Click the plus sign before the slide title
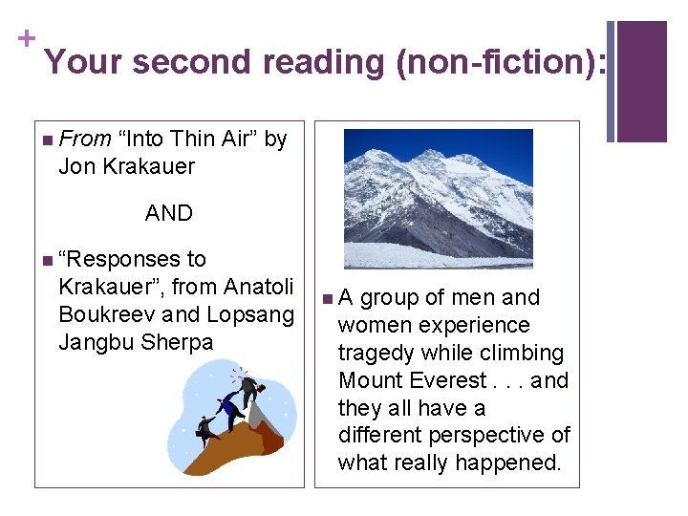(x=25, y=38)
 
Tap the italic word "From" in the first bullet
(x=85, y=140)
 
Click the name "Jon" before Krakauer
(x=76, y=166)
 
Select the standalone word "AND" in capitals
(x=169, y=213)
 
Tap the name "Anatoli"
(x=259, y=287)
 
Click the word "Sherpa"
(x=177, y=342)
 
